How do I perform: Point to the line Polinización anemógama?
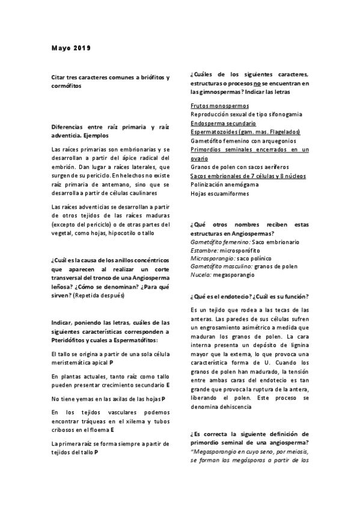(x=224, y=185)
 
